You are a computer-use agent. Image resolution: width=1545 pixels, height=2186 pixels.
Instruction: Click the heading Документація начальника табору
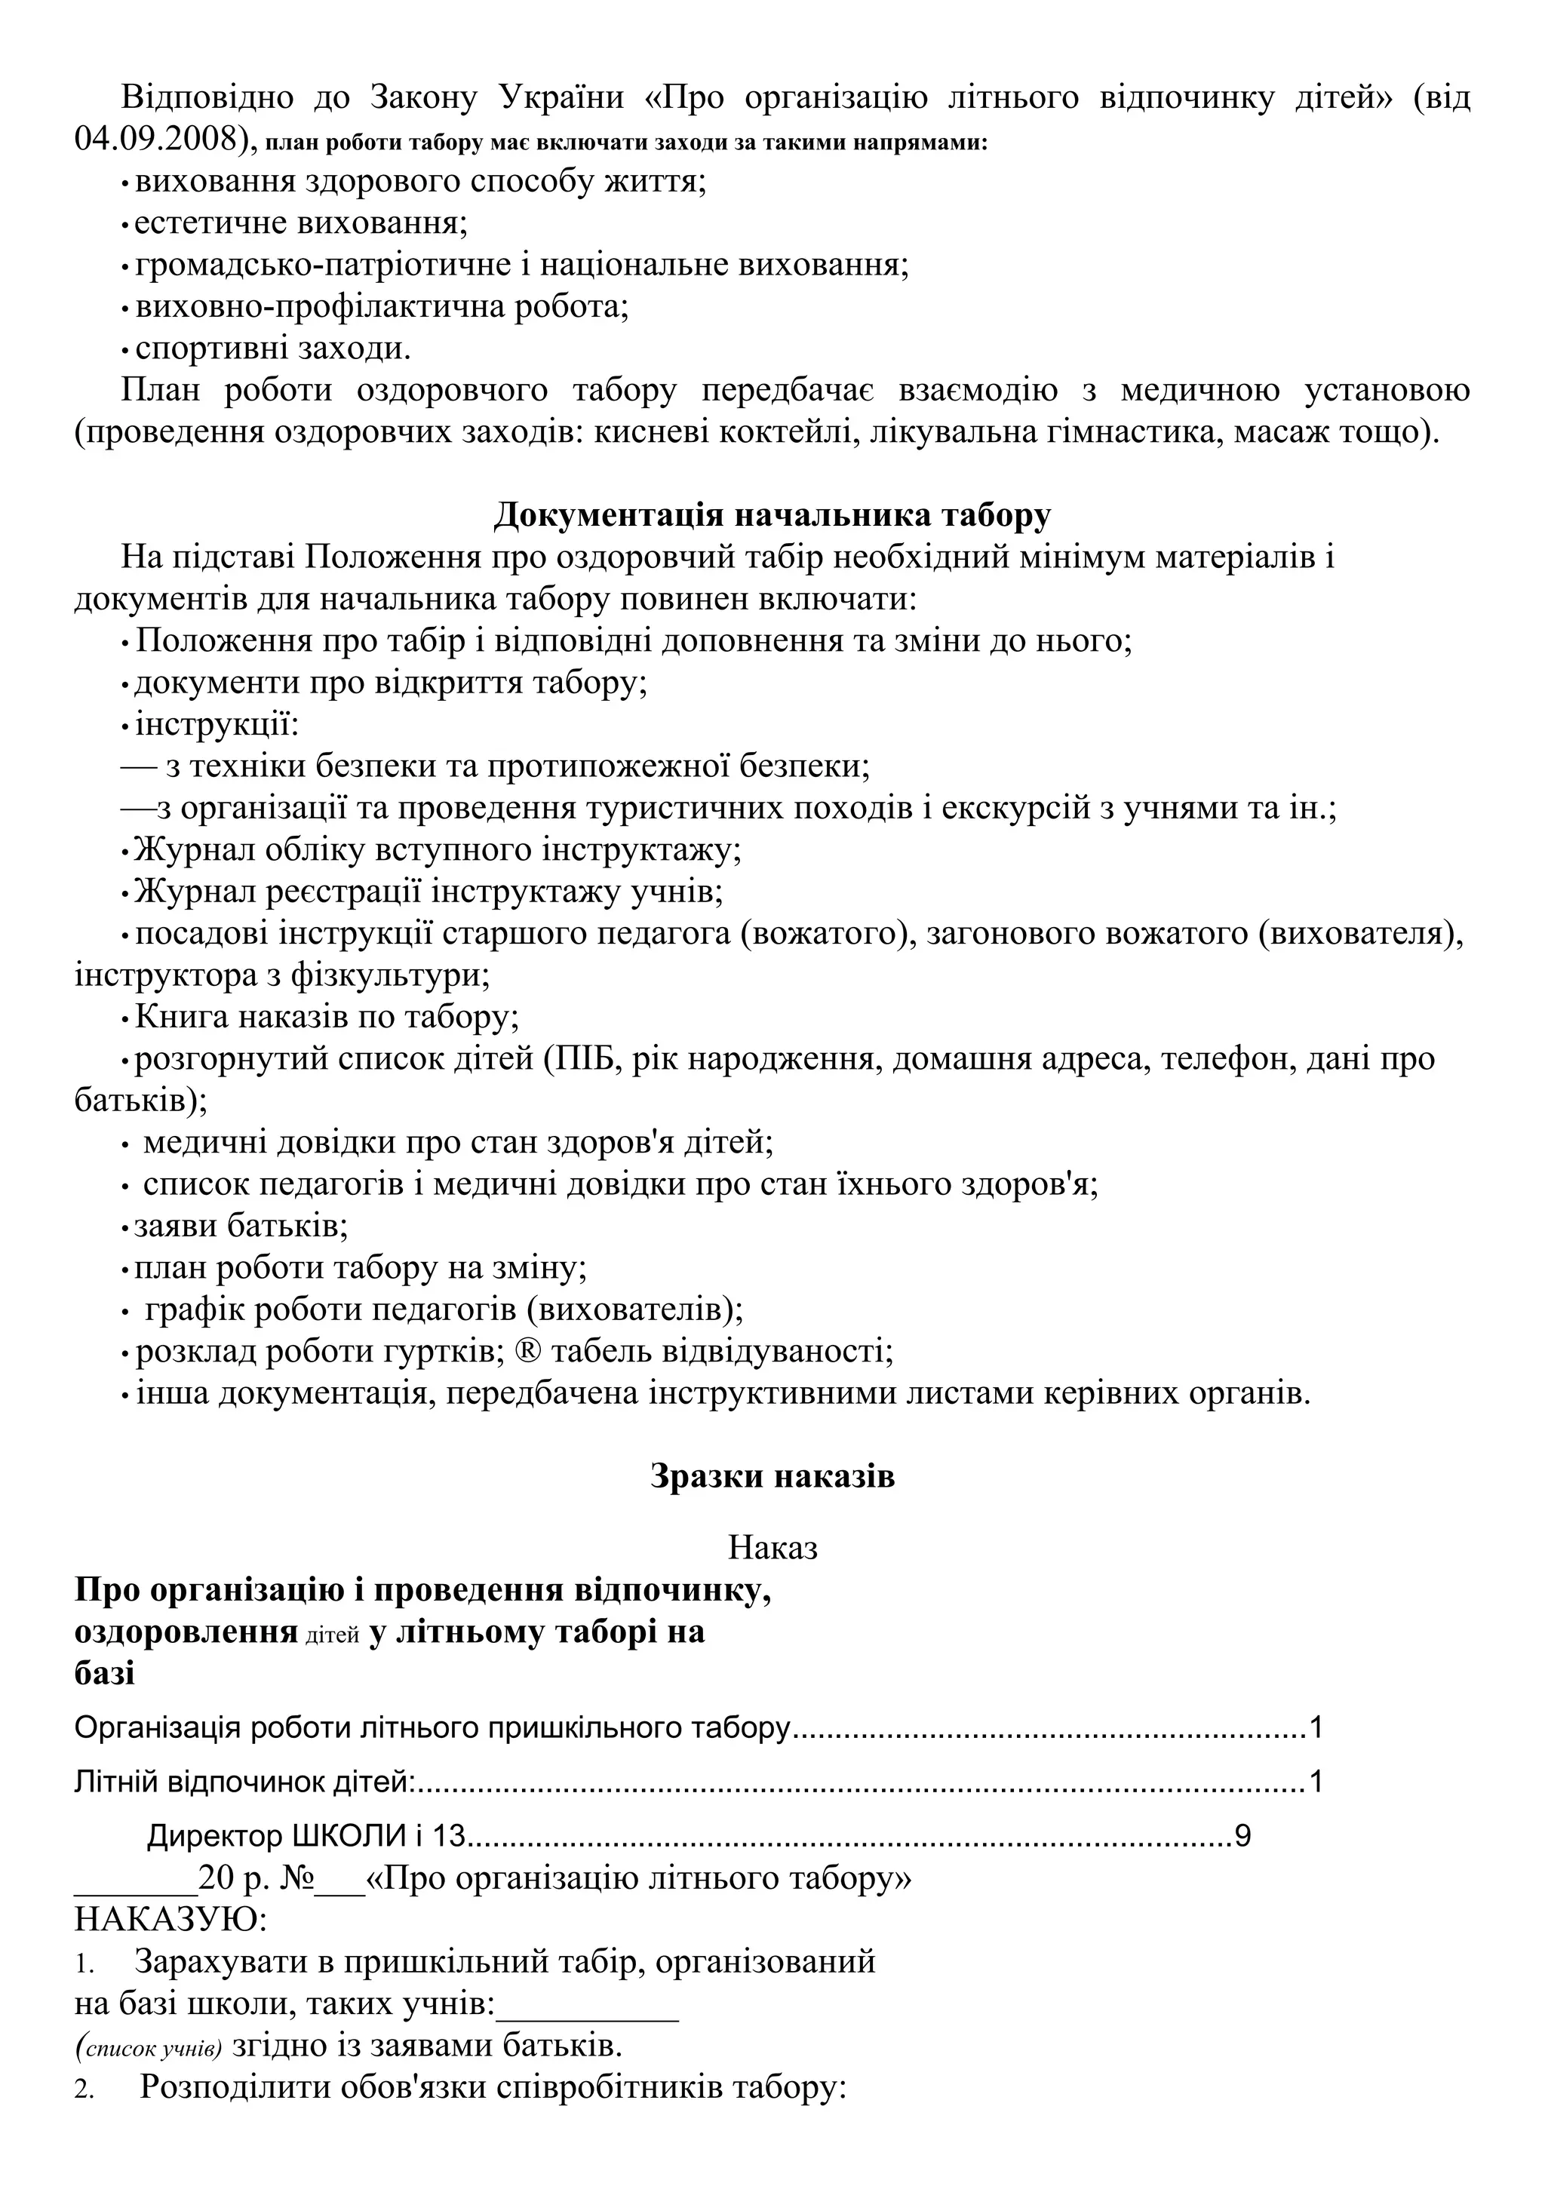[x=772, y=515]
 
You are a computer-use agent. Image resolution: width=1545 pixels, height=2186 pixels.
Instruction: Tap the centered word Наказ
[x=772, y=1548]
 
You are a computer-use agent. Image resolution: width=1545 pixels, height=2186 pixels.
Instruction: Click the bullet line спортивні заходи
[x=272, y=348]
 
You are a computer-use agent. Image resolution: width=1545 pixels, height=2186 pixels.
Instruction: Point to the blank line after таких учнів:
[x=588, y=2005]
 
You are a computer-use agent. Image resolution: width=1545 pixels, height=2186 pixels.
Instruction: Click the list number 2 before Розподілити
[x=84, y=2091]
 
